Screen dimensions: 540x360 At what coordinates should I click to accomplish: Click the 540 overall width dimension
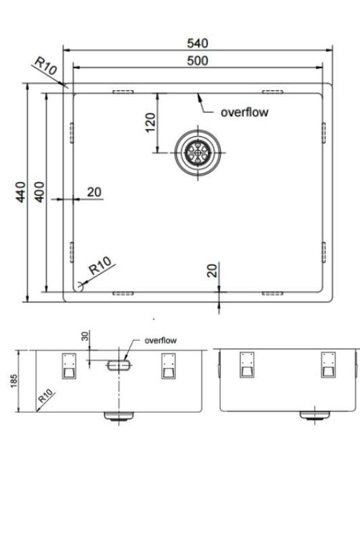(x=197, y=43)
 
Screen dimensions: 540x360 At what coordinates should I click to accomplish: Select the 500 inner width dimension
(x=197, y=61)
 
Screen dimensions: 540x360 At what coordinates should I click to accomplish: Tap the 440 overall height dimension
(x=21, y=192)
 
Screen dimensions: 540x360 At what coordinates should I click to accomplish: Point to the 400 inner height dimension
(x=38, y=192)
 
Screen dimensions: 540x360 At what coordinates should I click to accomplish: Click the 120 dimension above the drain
(x=151, y=122)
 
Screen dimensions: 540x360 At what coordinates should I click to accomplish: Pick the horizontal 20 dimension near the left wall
(x=94, y=192)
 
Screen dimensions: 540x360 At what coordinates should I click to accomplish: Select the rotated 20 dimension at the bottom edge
(x=213, y=271)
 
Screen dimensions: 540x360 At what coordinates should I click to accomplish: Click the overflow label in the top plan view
(x=245, y=112)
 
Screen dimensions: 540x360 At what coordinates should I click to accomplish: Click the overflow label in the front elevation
(x=161, y=340)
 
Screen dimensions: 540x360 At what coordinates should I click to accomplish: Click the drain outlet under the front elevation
(x=119, y=416)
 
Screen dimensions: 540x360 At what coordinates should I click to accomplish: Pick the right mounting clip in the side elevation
(x=328, y=364)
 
